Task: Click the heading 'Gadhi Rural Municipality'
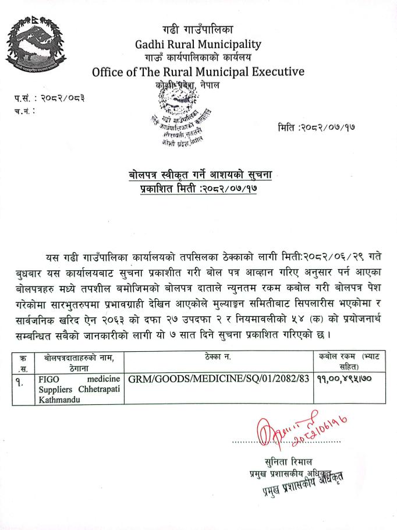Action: pos(198,44)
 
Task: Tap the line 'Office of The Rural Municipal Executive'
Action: pos(198,72)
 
